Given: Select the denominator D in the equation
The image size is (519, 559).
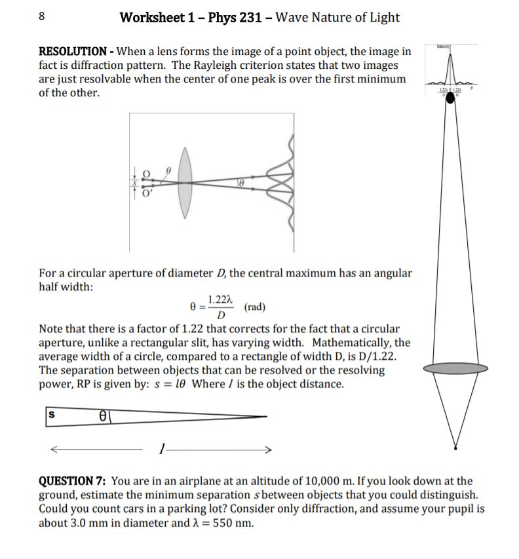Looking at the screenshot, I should pyautogui.click(x=221, y=317).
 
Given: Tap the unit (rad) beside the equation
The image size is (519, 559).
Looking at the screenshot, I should pyautogui.click(x=255, y=307).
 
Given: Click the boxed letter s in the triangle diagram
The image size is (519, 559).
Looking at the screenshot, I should pyautogui.click(x=50, y=415).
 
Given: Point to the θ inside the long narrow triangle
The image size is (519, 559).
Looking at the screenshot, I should pyautogui.click(x=103, y=416).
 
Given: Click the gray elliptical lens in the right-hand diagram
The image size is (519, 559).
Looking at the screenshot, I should pyautogui.click(x=455, y=370).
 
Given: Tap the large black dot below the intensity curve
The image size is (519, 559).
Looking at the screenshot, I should pyautogui.click(x=451, y=98).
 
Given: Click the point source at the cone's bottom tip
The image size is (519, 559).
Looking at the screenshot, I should pyautogui.click(x=455, y=448).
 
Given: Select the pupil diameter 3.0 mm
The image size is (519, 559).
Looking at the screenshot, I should pyautogui.click(x=102, y=523).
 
